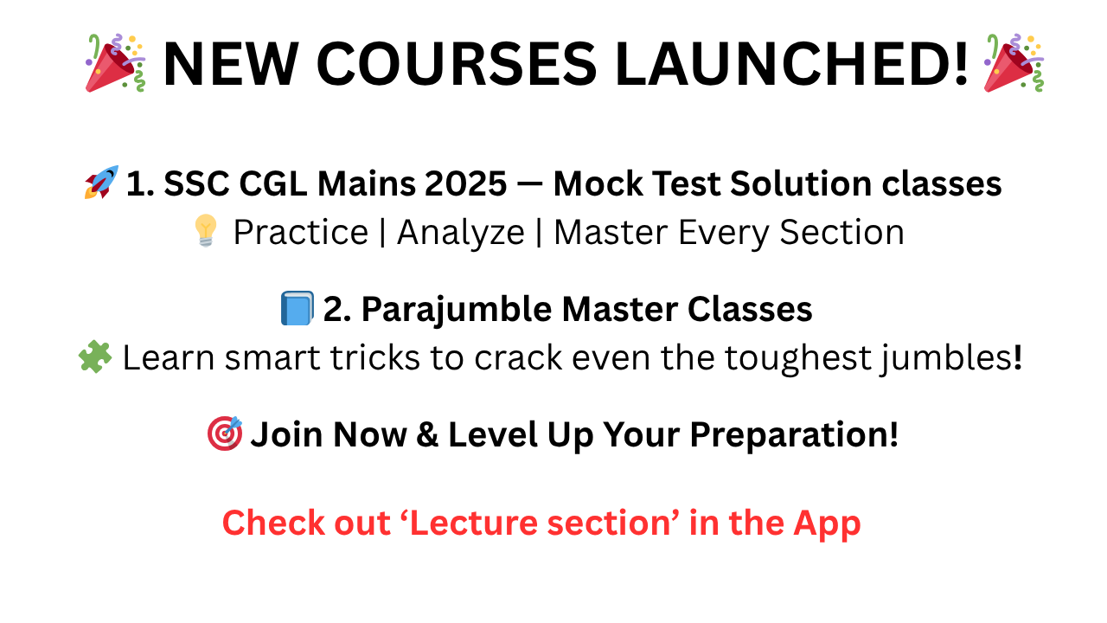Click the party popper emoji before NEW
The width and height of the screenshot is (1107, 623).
[x=115, y=63]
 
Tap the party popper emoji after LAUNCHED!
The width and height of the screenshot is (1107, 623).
[x=1014, y=63]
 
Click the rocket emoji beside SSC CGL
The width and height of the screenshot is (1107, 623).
[x=100, y=183]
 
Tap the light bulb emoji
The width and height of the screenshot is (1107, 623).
[x=206, y=232]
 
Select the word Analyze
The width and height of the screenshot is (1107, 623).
[x=460, y=233]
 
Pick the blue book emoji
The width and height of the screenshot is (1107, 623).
[x=297, y=309]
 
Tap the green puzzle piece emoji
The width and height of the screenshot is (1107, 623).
[x=94, y=356]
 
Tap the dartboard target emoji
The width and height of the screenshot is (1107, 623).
[x=224, y=434]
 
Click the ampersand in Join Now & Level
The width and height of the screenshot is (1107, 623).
[x=426, y=434]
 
